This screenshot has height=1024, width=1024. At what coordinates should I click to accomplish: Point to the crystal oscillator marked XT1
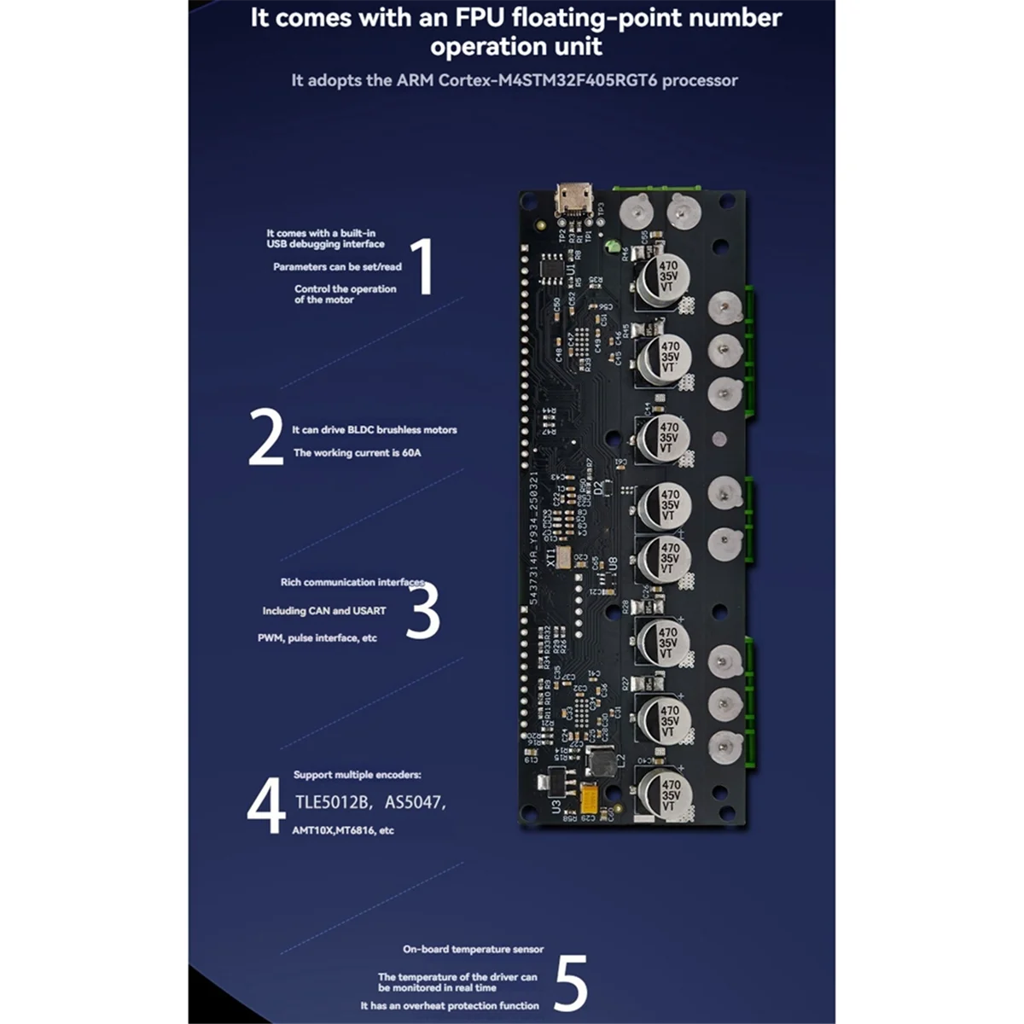pyautogui.click(x=565, y=556)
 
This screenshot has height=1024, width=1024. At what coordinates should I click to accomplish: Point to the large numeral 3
pyautogui.click(x=422, y=610)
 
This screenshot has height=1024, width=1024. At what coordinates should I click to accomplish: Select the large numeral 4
pyautogui.click(x=265, y=805)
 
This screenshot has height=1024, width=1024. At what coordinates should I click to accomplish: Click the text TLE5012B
pyautogui.click(x=331, y=802)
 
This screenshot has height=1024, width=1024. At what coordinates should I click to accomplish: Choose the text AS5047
pyautogui.click(x=413, y=802)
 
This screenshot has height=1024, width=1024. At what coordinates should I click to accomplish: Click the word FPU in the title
pyautogui.click(x=443, y=18)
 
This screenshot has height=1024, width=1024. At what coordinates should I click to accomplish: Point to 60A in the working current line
pyautogui.click(x=410, y=453)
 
